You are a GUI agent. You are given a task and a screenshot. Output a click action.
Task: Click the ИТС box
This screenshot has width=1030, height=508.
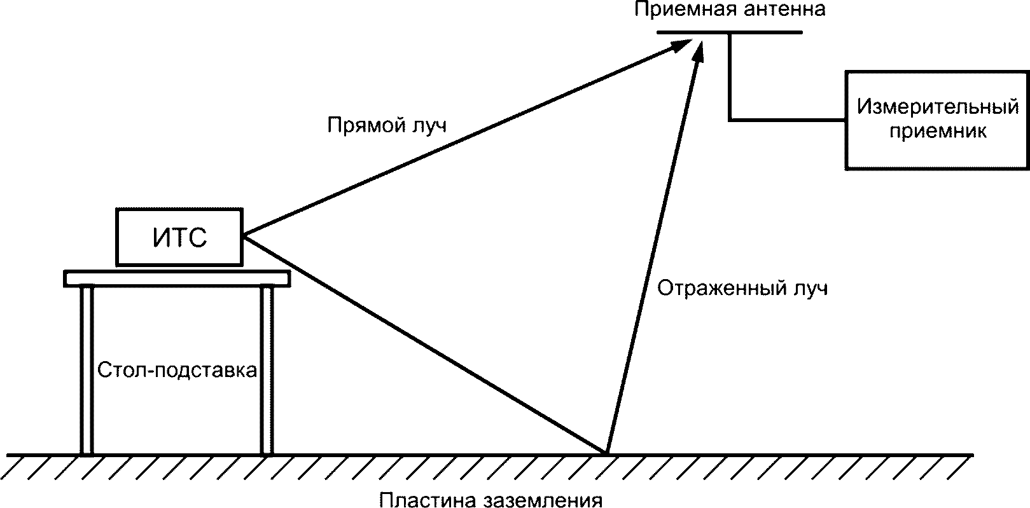tap(179, 237)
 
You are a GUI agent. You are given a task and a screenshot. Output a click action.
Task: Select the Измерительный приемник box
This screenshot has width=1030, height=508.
tap(937, 120)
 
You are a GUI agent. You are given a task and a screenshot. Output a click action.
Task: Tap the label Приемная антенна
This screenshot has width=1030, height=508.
tap(730, 10)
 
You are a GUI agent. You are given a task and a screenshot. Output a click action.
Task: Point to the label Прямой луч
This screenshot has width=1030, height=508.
tap(387, 125)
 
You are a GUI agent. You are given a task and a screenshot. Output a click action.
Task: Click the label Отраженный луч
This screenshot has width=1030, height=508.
tap(742, 289)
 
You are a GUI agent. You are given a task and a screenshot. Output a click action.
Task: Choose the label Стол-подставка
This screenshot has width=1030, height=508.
tap(177, 370)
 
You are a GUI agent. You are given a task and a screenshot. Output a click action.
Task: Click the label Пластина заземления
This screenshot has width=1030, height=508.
tap(491, 500)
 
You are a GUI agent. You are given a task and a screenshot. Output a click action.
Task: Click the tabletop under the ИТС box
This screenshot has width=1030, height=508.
tap(177, 278)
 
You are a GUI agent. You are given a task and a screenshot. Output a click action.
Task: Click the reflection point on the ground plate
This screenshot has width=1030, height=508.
tap(605, 453)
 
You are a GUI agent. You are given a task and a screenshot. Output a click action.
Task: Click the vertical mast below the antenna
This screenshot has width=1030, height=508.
tap(729, 76)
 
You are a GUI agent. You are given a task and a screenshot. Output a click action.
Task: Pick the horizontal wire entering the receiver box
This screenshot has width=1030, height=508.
tap(787, 119)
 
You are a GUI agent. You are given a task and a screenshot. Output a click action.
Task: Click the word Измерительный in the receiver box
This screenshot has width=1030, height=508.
tap(937, 107)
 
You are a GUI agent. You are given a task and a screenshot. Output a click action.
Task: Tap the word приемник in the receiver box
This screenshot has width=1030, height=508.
tap(937, 132)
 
